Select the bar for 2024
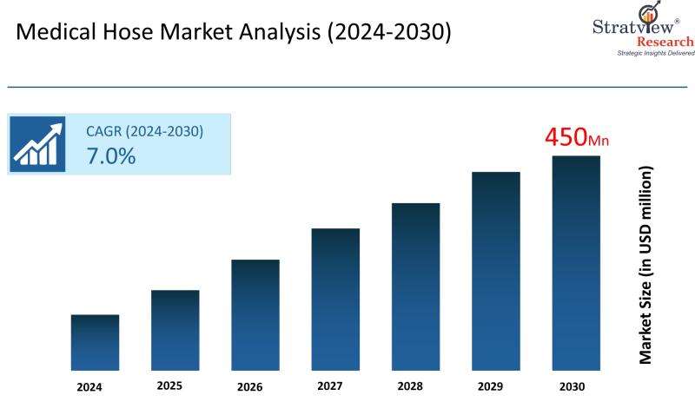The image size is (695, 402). click(95, 342)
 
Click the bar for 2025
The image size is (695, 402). click(175, 330)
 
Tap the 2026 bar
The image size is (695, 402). click(255, 314)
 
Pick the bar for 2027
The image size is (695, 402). click(335, 299)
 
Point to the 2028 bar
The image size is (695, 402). click(415, 287)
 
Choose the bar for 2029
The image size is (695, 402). click(496, 271)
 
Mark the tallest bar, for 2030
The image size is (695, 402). click(576, 263)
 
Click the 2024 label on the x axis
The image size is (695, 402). click(89, 386)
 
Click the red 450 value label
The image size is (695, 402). click(566, 136)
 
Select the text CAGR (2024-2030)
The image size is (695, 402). click(144, 131)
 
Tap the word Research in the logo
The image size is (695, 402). click(665, 41)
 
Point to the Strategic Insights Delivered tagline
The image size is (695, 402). click(656, 54)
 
